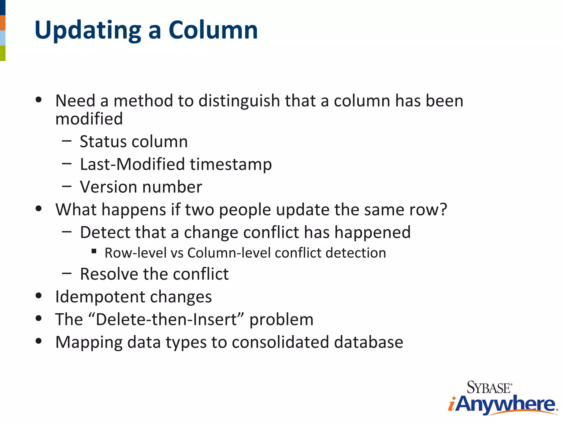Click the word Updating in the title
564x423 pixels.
point(88,30)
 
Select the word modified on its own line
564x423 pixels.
point(89,119)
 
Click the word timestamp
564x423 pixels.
point(231,165)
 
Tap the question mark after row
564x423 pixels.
point(443,210)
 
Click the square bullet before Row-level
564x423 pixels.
point(94,251)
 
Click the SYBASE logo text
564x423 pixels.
point(489,387)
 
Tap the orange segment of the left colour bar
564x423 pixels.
point(2,23)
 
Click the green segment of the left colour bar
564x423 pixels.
point(2,53)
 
